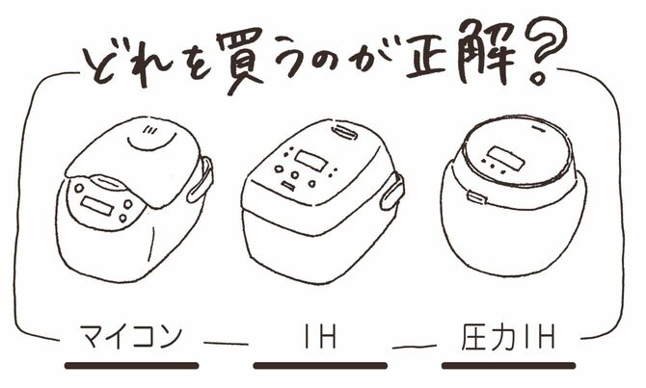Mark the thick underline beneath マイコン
point(131,366)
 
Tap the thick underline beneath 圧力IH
point(508,366)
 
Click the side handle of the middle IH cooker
point(391,193)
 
